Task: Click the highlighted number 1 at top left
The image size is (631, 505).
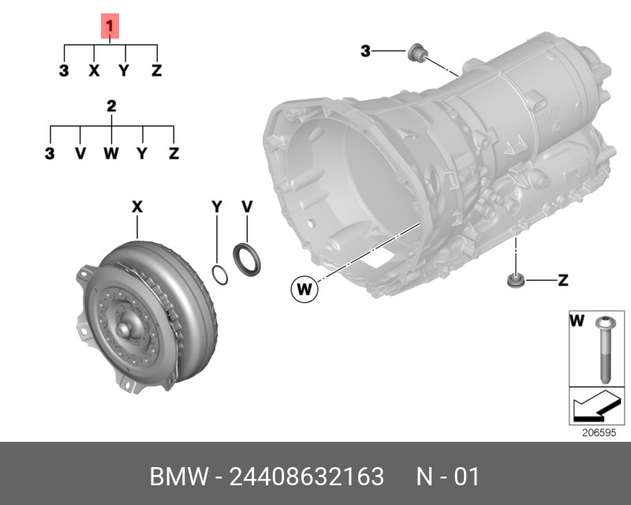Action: coord(110,28)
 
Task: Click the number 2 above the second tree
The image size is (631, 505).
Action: coord(111,106)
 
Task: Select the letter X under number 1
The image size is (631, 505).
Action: coord(94,71)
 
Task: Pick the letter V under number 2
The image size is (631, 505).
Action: coord(80,153)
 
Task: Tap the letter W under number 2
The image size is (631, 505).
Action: coord(110,153)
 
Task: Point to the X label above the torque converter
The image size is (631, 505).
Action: coord(136,207)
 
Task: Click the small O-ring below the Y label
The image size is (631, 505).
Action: coord(222,275)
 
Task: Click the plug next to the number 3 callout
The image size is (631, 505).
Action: coord(416,54)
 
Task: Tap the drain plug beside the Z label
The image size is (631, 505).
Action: coord(515,280)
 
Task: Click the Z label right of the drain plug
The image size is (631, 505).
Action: coord(562,279)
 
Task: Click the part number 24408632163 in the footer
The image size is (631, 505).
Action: coord(306,477)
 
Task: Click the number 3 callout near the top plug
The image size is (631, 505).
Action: coord(365,51)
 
